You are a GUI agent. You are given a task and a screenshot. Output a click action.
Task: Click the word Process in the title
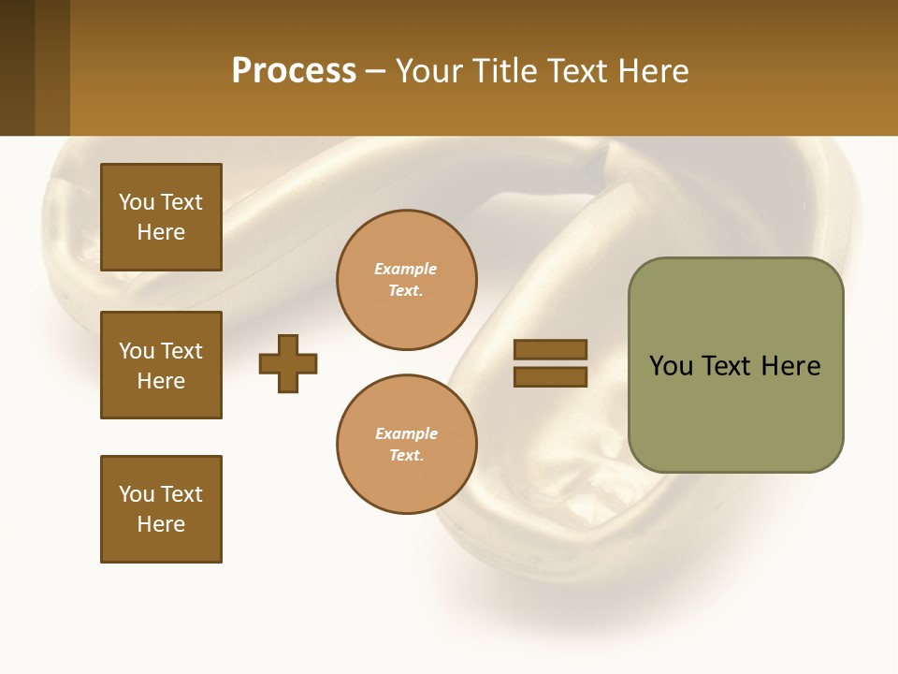tap(294, 71)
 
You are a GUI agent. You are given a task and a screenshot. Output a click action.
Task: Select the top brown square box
tap(161, 217)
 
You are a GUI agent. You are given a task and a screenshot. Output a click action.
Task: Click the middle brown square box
tap(161, 365)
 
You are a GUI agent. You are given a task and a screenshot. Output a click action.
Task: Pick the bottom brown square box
tap(161, 509)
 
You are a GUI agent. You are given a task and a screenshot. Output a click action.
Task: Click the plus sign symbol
tap(288, 363)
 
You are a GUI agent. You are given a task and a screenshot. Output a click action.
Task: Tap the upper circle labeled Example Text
tap(406, 280)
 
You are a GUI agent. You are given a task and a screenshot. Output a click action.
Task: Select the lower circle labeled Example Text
tap(406, 445)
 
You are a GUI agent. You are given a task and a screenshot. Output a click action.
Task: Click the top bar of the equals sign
tap(550, 349)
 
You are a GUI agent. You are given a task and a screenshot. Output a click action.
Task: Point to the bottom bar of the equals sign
tap(550, 377)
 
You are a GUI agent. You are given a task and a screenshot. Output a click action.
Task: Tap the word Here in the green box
tap(790, 366)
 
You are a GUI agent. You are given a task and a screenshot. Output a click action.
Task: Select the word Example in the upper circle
tap(406, 269)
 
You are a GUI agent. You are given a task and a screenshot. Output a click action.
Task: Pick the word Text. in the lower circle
tap(406, 456)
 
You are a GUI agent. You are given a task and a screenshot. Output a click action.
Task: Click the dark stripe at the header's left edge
tap(17, 67)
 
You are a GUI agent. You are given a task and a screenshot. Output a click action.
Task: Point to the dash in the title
tap(375, 72)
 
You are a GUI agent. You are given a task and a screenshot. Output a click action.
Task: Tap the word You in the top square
tap(136, 202)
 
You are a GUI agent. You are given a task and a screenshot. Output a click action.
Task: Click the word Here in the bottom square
tap(161, 524)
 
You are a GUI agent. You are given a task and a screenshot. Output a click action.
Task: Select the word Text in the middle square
tap(181, 351)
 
